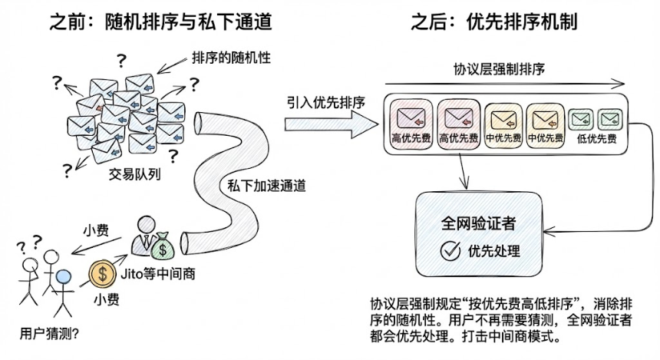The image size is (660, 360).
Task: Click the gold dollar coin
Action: (x=104, y=272)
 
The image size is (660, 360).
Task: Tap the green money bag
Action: (x=165, y=246)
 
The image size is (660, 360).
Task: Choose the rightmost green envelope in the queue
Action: (x=610, y=120)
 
